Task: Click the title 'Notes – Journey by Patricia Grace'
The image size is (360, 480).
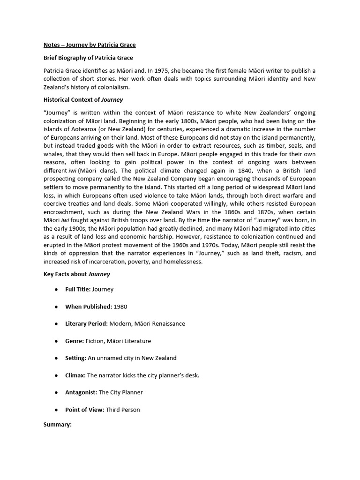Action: pyautogui.click(x=90, y=45)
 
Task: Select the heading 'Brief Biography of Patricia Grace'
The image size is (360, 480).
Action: pyautogui.click(x=88, y=58)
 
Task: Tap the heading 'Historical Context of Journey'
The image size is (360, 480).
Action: pyautogui.click(x=83, y=99)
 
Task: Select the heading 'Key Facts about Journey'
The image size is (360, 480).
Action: pyautogui.click(x=77, y=274)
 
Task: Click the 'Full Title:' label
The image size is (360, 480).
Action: pyautogui.click(x=78, y=290)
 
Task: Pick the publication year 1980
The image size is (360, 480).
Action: pyautogui.click(x=120, y=307)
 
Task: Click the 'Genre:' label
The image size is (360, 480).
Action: pyautogui.click(x=75, y=341)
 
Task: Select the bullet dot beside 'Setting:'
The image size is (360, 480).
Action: pyautogui.click(x=56, y=358)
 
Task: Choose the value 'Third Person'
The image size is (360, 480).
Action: pyautogui.click(x=123, y=410)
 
